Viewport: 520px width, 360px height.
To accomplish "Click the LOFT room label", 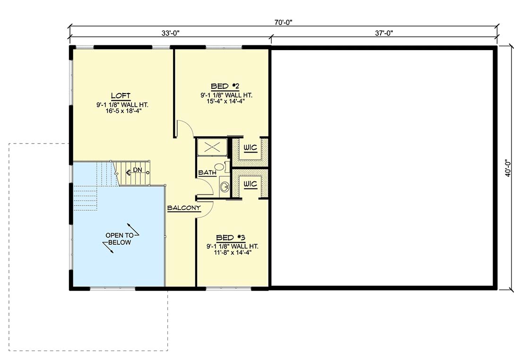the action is pos(121,96).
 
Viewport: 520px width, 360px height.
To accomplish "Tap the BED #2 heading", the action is pos(225,86).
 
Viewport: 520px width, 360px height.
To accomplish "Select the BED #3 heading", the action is pos(231,238).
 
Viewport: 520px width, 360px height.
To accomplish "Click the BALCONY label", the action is pos(184,208).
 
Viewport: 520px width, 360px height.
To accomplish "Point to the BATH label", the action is pos(207,173).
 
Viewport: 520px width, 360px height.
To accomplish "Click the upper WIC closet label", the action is pos(251,147).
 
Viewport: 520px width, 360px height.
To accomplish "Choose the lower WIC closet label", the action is pos(251,184).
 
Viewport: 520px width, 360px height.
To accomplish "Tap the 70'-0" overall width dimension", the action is pos(283,22).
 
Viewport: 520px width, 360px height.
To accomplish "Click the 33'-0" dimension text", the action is pos(171,33).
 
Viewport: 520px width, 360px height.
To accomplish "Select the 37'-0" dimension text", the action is pos(384,33).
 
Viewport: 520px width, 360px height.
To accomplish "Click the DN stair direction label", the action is pos(137,170).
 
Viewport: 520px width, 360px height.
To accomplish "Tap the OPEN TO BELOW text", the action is pos(120,239).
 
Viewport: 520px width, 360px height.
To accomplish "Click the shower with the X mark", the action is pos(212,146).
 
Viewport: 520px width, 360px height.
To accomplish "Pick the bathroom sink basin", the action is pos(225,186).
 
